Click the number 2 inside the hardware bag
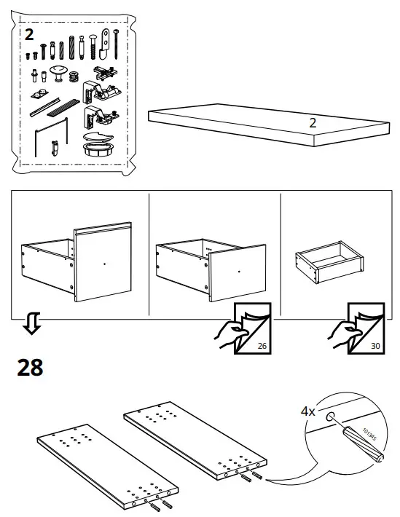[28, 34]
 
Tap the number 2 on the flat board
[312, 122]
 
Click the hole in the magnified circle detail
[331, 418]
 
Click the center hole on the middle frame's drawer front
[240, 272]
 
